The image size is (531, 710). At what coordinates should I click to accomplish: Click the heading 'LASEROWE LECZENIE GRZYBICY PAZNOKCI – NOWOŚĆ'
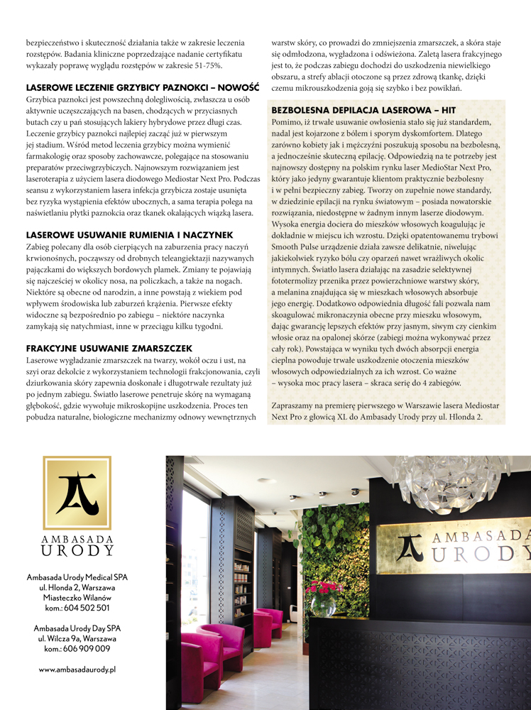click(142, 88)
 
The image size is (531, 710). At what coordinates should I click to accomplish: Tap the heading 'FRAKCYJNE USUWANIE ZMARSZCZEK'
click(109, 349)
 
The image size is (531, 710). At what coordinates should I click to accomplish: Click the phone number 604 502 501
click(85, 608)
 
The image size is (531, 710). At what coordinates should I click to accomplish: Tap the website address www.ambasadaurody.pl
click(77, 669)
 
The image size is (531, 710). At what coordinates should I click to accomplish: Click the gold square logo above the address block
click(77, 493)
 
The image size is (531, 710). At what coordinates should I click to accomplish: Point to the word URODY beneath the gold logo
click(77, 551)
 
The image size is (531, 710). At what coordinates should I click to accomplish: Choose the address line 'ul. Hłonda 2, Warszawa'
click(77, 588)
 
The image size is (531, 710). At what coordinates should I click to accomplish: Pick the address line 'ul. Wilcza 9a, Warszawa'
click(77, 638)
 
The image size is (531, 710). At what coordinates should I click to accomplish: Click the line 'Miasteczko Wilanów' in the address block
click(77, 598)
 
